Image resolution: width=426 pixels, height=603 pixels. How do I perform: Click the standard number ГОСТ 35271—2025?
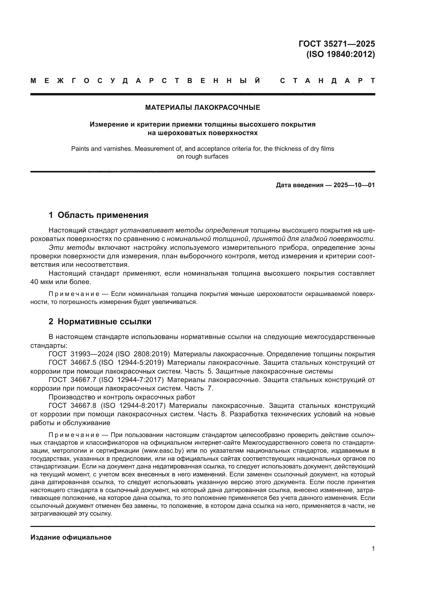337,44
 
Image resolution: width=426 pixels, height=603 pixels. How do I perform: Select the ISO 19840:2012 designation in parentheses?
340,54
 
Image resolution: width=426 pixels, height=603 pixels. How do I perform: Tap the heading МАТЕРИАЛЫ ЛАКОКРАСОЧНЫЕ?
202,108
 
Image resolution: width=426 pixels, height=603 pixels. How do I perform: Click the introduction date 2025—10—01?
354,185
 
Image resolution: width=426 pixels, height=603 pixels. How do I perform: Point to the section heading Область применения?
103,215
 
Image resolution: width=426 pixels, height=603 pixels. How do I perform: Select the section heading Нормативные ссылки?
104,321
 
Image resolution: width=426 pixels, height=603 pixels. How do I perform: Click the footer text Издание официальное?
71,537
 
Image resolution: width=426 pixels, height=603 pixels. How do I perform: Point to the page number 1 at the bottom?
373,549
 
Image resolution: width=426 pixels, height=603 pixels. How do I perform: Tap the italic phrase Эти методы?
71,248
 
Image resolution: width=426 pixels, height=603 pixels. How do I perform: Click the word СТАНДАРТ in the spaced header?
327,81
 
